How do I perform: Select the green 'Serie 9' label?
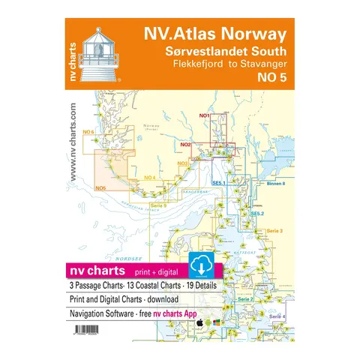(x=158, y=205)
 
